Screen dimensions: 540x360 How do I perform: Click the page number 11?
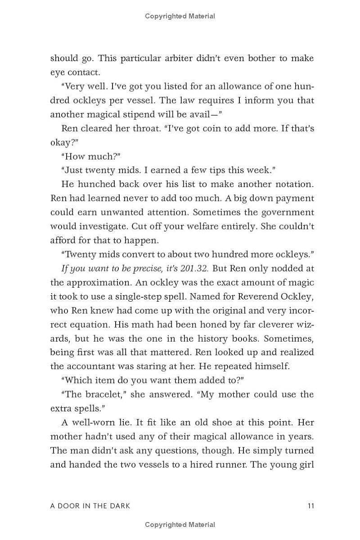click(x=310, y=506)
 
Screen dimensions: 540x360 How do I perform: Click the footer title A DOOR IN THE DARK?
click(x=90, y=506)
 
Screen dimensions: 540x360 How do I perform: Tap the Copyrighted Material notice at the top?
click(x=180, y=16)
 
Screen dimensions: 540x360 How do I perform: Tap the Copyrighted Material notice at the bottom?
click(x=180, y=524)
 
